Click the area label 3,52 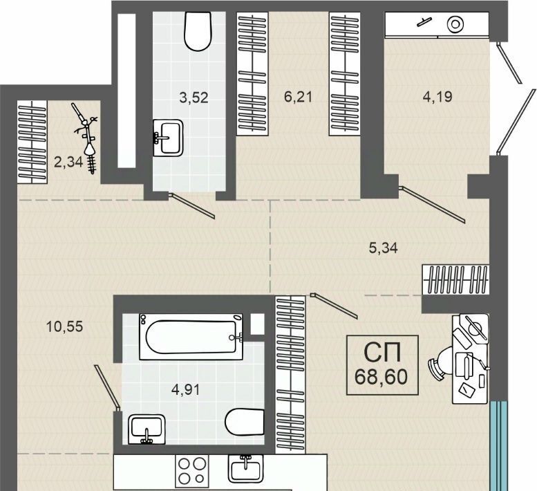click(x=194, y=98)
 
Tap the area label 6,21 click(x=298, y=97)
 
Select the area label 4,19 click(x=437, y=97)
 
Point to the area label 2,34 click(x=68, y=162)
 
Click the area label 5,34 click(x=384, y=248)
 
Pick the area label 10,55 click(x=64, y=326)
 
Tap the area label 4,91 click(x=185, y=389)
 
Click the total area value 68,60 click(x=381, y=377)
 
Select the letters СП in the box click(x=382, y=353)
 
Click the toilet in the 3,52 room click(x=197, y=31)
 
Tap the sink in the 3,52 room click(x=167, y=138)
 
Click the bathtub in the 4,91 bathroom click(x=191, y=337)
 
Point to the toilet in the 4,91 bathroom click(x=245, y=422)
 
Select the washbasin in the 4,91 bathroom click(x=147, y=429)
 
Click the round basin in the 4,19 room click(x=455, y=24)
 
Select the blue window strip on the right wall click(x=498, y=446)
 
